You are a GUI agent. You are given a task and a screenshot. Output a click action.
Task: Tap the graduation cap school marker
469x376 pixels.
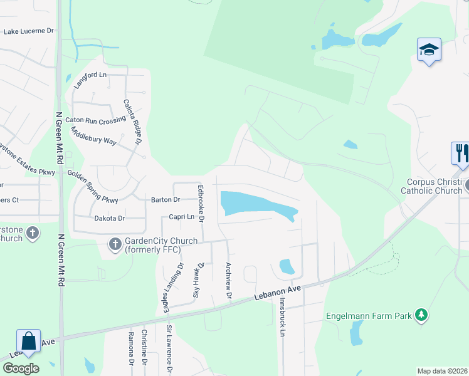coord(429,50)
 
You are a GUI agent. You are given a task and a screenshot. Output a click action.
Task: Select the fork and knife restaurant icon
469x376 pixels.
coord(461,153)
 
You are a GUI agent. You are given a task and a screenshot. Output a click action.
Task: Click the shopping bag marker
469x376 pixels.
coord(28,342)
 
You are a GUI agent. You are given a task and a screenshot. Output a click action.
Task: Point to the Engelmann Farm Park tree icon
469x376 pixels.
coord(423,315)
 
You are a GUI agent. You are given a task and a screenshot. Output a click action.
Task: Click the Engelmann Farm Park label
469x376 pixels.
coord(369,316)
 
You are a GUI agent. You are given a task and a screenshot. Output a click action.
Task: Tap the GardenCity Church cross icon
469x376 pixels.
coord(115,244)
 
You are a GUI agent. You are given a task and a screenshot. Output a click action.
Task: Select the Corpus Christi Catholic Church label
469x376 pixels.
coord(431,186)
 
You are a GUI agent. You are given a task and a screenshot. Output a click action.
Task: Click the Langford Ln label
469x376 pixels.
coord(90,75)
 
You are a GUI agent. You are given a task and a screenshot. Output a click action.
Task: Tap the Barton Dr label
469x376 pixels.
coord(166,200)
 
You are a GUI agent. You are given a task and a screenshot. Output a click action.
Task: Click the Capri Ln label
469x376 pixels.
coord(182,217)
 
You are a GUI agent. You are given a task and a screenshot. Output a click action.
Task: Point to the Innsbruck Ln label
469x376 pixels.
coord(283,318)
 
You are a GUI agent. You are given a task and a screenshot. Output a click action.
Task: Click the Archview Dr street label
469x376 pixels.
coord(229,280)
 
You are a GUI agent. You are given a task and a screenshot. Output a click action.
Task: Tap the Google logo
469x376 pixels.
coord(21,368)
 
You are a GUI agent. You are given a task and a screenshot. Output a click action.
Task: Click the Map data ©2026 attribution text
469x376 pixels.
coord(442,371)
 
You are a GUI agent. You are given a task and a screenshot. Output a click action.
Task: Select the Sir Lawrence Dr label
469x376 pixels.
coord(169,349)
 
